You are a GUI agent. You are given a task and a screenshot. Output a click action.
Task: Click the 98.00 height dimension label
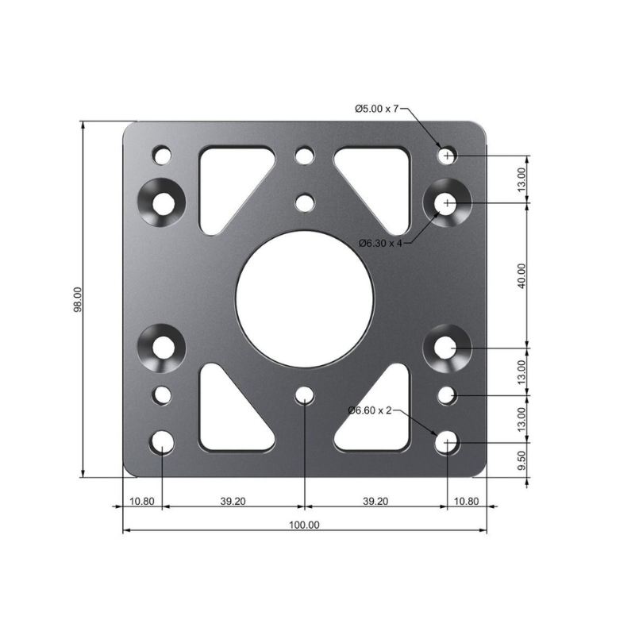click(x=77, y=300)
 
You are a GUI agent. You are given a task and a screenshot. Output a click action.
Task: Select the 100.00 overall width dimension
click(x=304, y=525)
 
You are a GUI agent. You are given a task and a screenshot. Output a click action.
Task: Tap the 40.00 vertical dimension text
click(x=521, y=275)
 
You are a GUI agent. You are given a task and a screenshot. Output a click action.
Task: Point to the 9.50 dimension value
click(x=521, y=460)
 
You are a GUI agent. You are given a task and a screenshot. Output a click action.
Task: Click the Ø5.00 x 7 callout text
click(x=376, y=109)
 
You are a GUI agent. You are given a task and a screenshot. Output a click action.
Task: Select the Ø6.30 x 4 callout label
click(x=380, y=243)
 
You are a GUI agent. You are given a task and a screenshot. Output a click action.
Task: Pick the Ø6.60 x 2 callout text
click(x=370, y=410)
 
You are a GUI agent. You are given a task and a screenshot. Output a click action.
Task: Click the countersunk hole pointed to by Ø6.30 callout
click(x=448, y=203)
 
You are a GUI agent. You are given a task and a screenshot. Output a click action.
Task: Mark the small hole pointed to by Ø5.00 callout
click(x=448, y=156)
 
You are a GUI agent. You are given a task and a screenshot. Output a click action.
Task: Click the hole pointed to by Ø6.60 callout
click(x=448, y=442)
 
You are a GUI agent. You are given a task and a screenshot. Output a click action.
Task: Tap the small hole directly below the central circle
click(x=304, y=395)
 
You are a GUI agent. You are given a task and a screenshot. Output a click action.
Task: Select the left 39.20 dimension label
click(x=233, y=501)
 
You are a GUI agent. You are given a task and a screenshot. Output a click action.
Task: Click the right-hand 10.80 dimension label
click(x=466, y=501)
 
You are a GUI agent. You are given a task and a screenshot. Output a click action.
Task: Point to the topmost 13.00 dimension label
click(x=521, y=179)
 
